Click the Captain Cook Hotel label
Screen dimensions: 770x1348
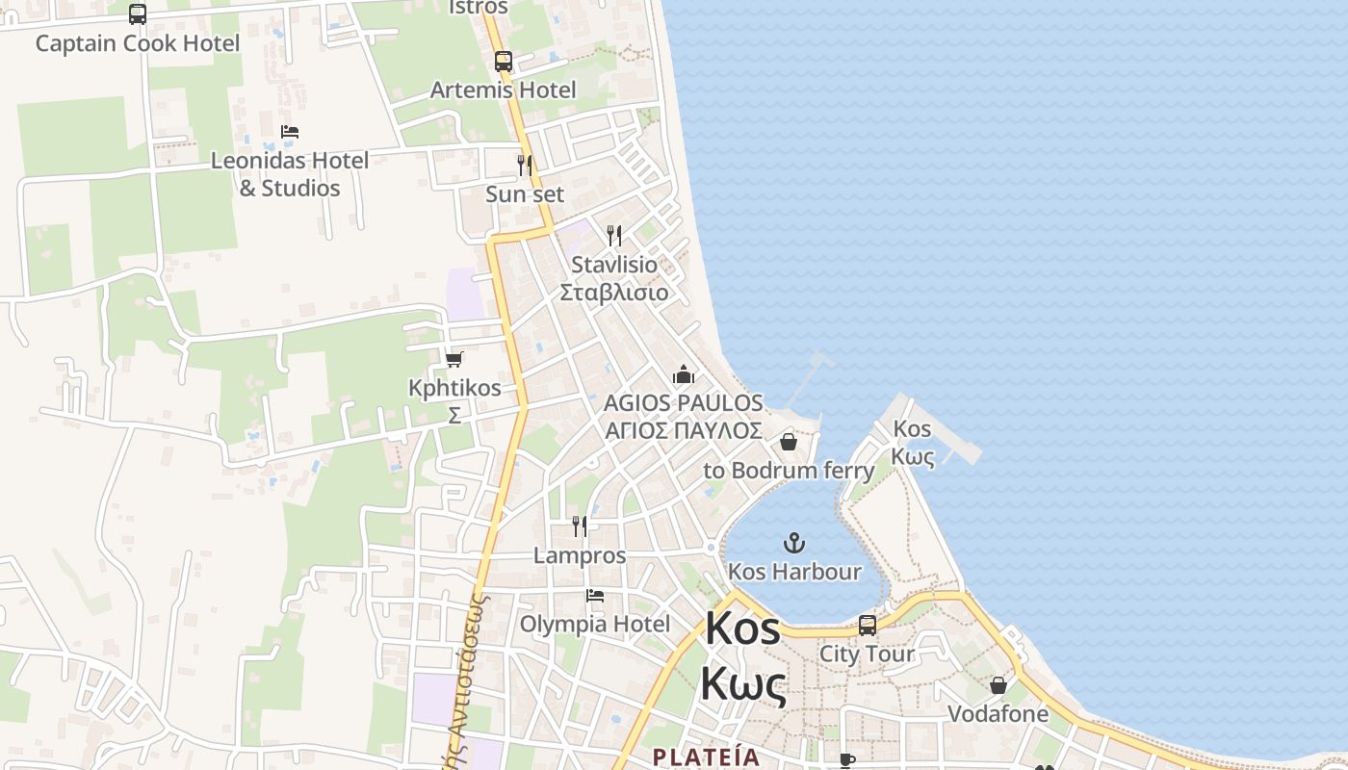pyautogui.click(x=138, y=43)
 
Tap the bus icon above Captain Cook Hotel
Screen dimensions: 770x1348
pyautogui.click(x=138, y=13)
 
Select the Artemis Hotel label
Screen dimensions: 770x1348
pyautogui.click(x=503, y=90)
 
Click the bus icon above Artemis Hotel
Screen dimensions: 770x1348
pyautogui.click(x=504, y=62)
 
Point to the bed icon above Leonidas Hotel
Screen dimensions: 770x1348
pyautogui.click(x=290, y=132)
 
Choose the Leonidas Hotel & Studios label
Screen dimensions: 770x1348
pyautogui.click(x=290, y=174)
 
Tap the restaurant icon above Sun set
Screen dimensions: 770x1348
pyautogui.click(x=525, y=166)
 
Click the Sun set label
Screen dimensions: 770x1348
pyautogui.click(x=525, y=194)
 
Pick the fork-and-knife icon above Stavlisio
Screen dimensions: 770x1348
pyautogui.click(x=614, y=236)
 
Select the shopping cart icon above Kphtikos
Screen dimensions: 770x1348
pyautogui.click(x=454, y=359)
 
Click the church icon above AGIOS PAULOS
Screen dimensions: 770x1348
pyautogui.click(x=684, y=374)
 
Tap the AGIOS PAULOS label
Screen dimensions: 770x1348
pyautogui.click(x=684, y=403)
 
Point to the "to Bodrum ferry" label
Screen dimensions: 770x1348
pyautogui.click(x=789, y=471)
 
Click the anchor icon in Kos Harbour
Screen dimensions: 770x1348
pyautogui.click(x=794, y=543)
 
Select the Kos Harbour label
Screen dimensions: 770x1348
pyautogui.click(x=794, y=572)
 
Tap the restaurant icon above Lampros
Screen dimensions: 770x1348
pyautogui.click(x=580, y=526)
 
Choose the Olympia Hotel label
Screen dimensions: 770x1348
pyautogui.click(x=595, y=625)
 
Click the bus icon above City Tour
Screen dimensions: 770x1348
pyautogui.click(x=868, y=626)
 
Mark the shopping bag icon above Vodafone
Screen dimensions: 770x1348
pyautogui.click(x=998, y=685)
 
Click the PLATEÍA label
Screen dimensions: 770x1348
pyautogui.click(x=706, y=757)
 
